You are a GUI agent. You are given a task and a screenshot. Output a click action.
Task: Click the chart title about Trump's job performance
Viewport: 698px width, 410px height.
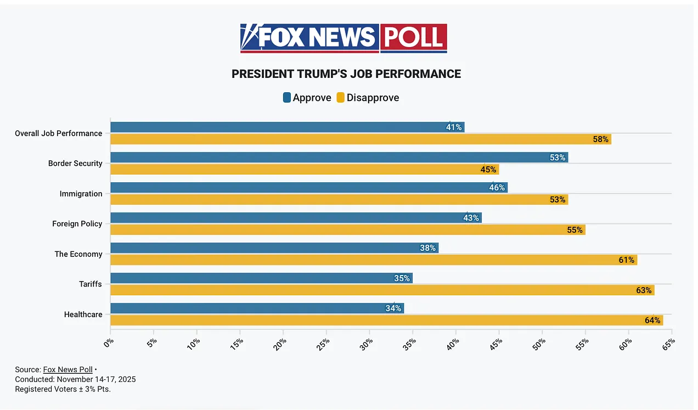346,74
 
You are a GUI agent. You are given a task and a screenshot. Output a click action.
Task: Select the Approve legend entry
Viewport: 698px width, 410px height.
307,98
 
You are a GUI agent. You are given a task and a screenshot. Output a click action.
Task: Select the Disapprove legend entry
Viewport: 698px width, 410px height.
368,98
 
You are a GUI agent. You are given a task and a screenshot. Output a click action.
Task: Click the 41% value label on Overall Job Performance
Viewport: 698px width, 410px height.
454,127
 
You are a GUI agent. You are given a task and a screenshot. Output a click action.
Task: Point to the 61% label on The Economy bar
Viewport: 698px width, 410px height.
627,260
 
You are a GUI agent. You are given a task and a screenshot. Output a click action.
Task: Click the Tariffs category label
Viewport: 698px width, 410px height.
91,284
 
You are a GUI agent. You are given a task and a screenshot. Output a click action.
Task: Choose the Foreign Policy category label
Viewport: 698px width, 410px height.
77,223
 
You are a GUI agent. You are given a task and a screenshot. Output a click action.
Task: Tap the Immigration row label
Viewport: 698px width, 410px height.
81,193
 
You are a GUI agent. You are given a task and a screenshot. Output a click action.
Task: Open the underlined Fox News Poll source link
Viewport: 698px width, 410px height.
67,369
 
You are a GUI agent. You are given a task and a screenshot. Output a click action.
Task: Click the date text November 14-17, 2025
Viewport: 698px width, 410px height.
96,379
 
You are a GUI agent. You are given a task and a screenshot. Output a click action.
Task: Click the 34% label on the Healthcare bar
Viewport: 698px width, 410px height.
393,308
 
